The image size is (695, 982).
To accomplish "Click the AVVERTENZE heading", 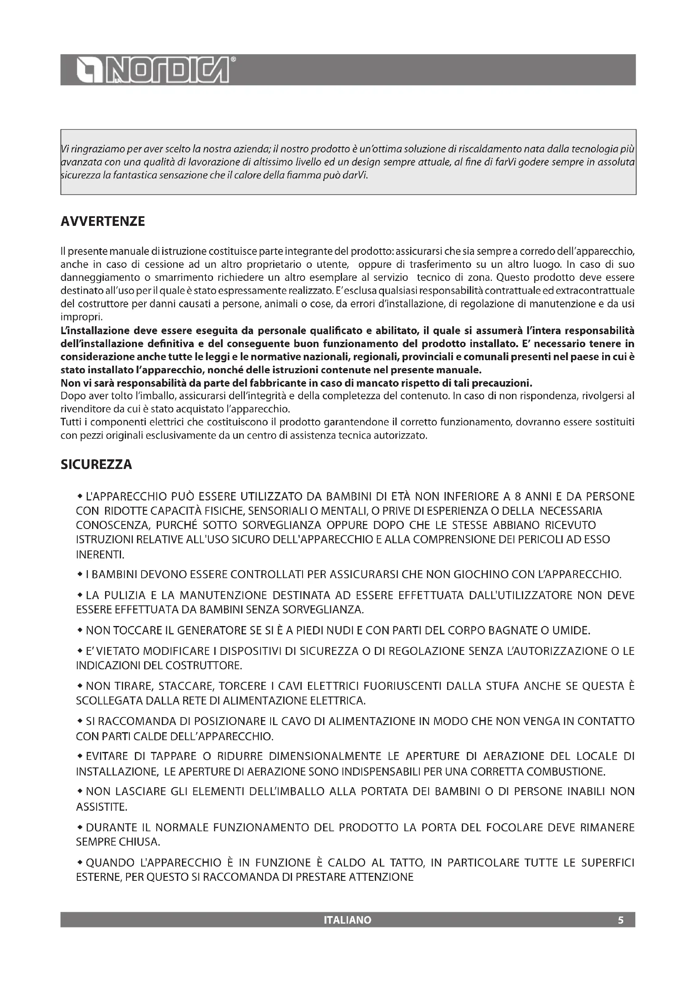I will click(x=103, y=222).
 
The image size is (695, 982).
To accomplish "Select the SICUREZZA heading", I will click(x=96, y=464).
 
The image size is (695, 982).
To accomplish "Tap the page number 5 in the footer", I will click(x=621, y=920).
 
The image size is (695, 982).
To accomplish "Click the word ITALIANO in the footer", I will click(x=347, y=920).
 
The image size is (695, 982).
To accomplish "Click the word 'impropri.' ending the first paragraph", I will click(x=82, y=317).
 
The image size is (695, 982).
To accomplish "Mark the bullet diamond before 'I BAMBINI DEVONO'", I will click(x=79, y=574).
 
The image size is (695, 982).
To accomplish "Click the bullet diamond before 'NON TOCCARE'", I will click(x=79, y=630).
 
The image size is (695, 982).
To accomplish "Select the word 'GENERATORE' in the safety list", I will click(x=212, y=631).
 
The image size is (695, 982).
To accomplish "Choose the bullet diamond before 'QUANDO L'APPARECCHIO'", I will click(x=79, y=862).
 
